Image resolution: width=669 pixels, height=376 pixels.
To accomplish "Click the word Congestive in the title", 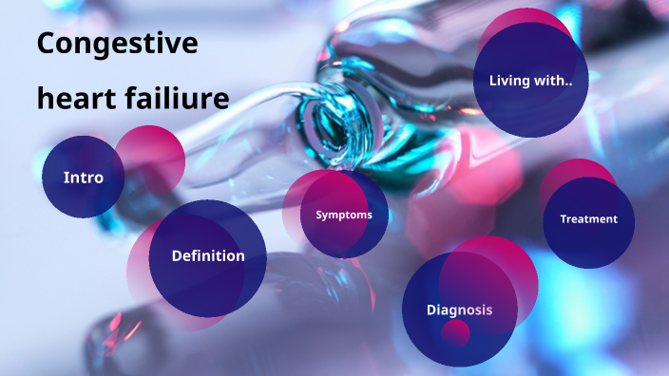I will (x=117, y=44).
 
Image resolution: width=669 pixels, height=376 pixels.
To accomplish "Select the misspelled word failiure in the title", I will (x=175, y=98).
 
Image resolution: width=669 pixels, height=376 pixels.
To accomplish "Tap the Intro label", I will (x=83, y=178).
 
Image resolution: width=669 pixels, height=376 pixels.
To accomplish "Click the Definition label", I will (x=208, y=255).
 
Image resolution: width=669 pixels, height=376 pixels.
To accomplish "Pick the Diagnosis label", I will (x=459, y=310).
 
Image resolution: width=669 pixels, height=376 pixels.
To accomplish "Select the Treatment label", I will (x=588, y=219).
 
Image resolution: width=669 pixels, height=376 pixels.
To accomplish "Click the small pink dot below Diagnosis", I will (x=456, y=333).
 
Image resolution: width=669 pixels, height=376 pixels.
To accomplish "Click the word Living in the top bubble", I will (x=510, y=80).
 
